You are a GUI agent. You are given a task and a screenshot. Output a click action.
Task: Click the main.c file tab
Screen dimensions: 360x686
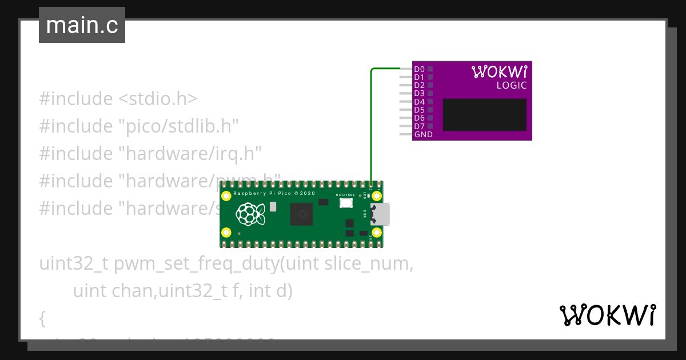pos(82,25)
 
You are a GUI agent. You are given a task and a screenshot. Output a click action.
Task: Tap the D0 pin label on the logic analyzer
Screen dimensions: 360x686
pos(419,69)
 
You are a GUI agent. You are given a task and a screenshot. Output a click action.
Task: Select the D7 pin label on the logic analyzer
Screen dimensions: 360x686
pos(419,126)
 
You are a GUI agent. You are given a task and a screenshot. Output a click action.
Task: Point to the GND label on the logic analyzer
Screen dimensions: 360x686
pos(423,135)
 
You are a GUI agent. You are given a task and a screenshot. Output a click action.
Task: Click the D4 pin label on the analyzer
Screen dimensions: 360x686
pos(419,102)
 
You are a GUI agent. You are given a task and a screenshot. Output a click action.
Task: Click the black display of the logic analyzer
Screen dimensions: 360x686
pos(484,115)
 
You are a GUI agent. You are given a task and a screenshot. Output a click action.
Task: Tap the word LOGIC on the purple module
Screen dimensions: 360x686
pos(511,86)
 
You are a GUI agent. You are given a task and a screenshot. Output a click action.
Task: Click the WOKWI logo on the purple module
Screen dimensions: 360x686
pos(499,71)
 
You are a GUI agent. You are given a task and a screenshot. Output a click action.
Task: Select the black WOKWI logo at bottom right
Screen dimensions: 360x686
pos(607,315)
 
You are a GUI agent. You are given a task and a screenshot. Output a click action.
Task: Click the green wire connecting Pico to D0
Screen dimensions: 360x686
pos(371,126)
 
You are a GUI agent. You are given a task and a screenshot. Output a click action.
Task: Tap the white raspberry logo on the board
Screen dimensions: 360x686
pos(250,214)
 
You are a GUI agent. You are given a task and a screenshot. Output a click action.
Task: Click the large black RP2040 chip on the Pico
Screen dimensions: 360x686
pos(301,214)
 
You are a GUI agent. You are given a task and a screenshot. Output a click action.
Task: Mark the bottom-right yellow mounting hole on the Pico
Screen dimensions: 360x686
pos(376,233)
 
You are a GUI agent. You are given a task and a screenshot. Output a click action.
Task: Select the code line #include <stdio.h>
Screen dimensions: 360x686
pos(118,99)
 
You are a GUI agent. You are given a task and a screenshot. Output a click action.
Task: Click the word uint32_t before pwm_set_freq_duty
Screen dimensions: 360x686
pos(74,265)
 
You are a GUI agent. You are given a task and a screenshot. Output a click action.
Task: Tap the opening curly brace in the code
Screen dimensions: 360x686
pos(42,318)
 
